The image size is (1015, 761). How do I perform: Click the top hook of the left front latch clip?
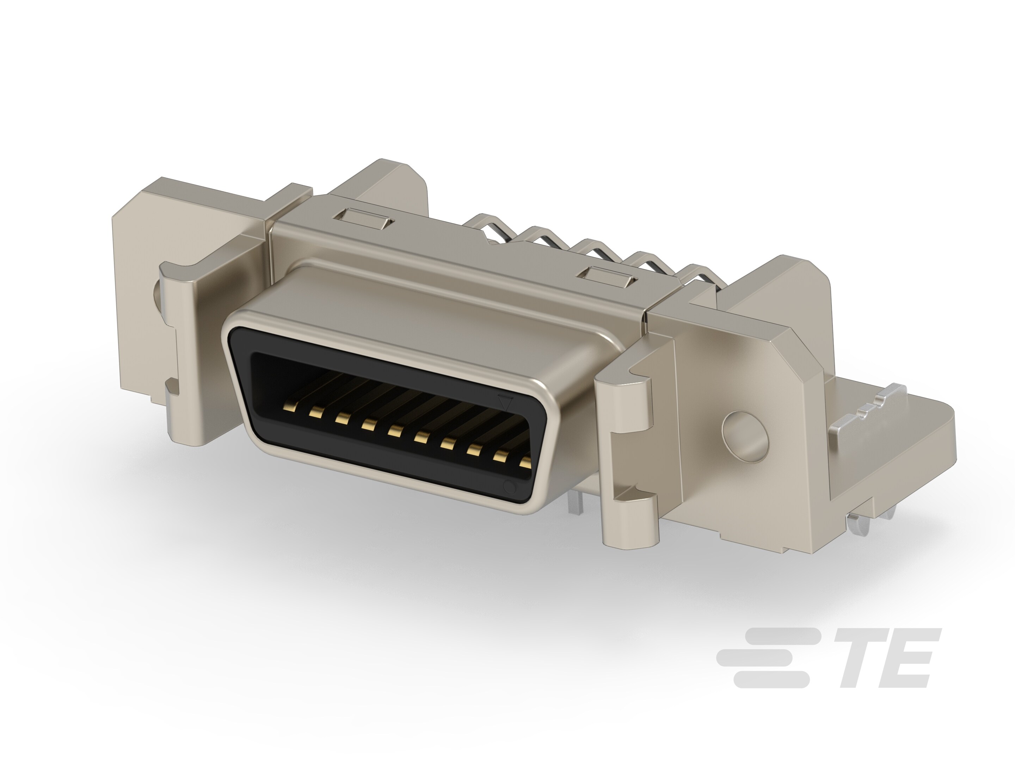click(x=184, y=271)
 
